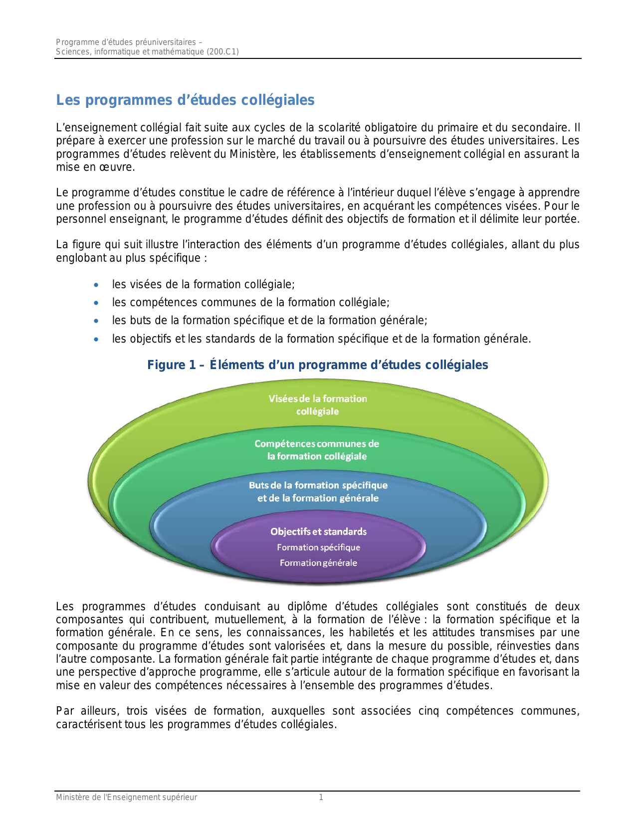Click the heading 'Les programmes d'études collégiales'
[185, 100]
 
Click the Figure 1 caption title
[317, 365]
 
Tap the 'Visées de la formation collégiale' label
[318, 405]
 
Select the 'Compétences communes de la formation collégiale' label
[317, 450]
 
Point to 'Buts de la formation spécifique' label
[318, 485]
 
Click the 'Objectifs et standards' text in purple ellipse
[318, 532]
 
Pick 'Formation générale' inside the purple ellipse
[318, 563]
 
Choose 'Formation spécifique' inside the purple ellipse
[318, 547]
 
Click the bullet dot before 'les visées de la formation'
[96, 285]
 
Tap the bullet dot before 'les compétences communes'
[96, 303]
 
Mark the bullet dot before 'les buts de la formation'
[96, 321]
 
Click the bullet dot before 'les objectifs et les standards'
[96, 340]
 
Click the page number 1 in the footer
[321, 798]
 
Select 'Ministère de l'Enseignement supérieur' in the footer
[126, 798]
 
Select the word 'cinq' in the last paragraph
[428, 711]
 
